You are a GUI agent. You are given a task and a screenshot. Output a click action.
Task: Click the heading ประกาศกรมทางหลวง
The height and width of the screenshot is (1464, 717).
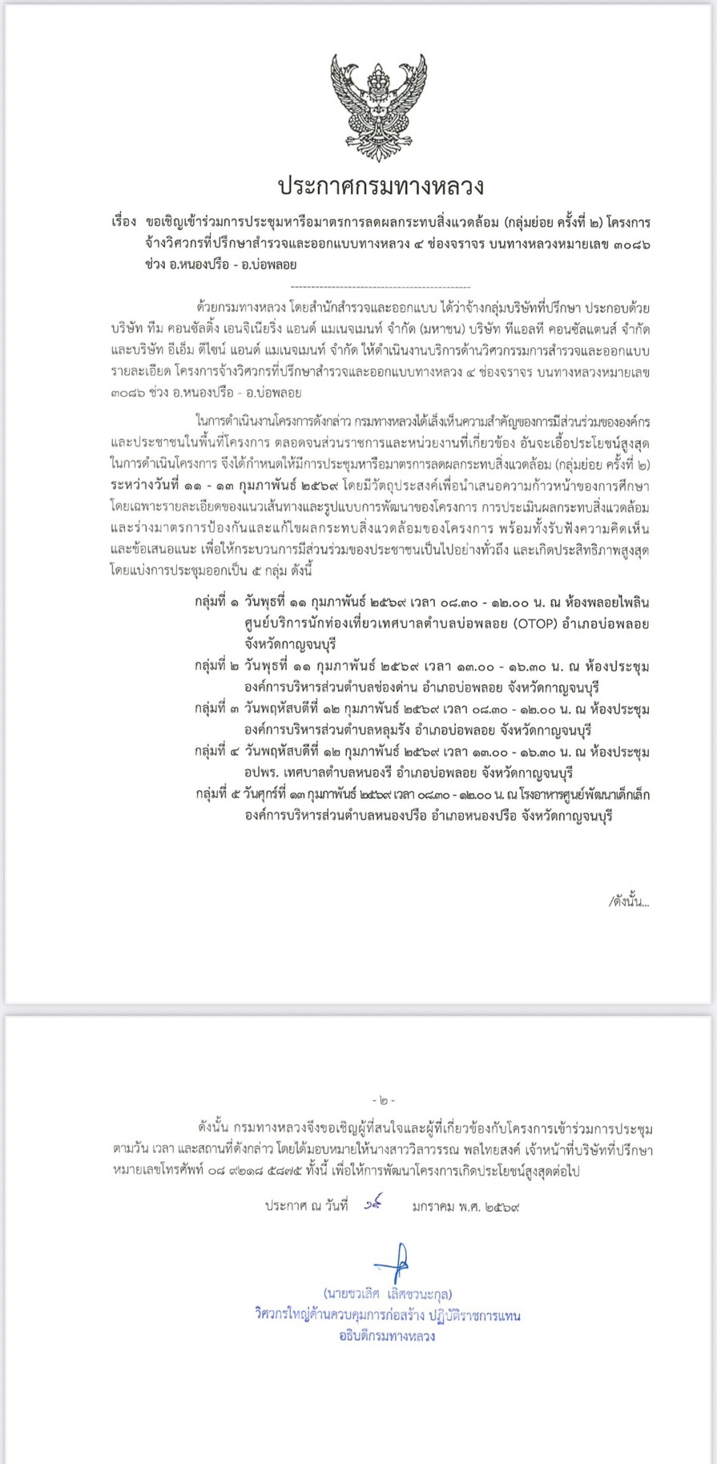coord(381,187)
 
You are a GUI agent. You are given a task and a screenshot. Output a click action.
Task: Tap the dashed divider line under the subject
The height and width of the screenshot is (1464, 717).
coord(381,286)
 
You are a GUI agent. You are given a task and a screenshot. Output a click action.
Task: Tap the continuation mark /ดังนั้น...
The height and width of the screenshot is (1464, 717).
coord(629,901)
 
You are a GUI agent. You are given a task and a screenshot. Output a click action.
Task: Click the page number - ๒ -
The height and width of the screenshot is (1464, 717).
coord(384,1101)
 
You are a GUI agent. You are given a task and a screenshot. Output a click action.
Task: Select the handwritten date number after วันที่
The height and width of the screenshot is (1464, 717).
coord(370,1204)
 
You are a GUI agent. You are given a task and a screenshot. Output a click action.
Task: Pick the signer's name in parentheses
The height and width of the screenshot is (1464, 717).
coord(388,1293)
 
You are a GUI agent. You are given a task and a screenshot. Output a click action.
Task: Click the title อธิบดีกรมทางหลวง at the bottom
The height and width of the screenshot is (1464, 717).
coord(387,1336)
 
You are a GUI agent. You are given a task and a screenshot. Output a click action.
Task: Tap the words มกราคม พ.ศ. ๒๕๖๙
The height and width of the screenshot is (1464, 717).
coord(465,1206)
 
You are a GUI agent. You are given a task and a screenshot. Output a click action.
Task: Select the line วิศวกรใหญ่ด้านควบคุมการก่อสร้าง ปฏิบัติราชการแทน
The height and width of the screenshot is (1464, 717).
coord(388,1315)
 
